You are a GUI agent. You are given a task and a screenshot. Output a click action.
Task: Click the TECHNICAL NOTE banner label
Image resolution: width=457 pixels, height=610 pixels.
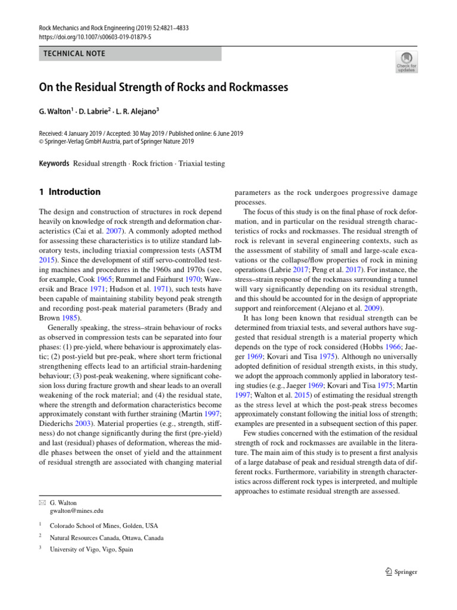pos(74,54)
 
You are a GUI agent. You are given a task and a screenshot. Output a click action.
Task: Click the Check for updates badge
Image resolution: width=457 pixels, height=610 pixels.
pos(406,61)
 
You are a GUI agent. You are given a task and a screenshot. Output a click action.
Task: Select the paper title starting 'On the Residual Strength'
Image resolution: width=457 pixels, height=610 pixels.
pos(163,88)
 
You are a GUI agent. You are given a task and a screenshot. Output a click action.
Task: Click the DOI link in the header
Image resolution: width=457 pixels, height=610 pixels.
pos(95,37)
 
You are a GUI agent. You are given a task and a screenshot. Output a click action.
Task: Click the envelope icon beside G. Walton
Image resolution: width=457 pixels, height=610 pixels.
pos(42,503)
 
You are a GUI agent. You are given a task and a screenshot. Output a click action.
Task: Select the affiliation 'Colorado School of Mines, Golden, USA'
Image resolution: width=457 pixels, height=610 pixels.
pos(104,526)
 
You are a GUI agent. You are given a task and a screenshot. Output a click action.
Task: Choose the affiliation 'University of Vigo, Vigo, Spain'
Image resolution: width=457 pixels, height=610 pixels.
pos(92,550)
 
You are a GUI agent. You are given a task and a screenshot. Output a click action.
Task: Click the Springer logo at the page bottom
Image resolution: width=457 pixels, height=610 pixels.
pos(401,572)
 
